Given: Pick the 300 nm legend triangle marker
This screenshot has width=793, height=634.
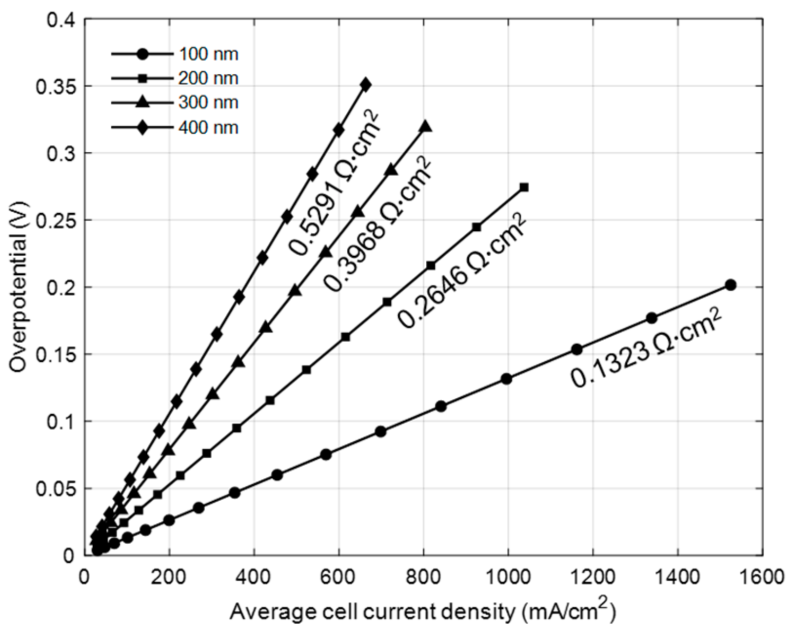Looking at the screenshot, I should tap(142, 102).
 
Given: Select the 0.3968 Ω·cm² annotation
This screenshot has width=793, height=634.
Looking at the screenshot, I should tap(378, 225).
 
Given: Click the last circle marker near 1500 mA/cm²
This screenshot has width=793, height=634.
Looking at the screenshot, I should tap(730, 285).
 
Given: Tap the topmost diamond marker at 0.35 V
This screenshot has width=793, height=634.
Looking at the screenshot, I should tap(366, 85).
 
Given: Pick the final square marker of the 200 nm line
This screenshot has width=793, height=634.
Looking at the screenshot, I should tap(524, 187).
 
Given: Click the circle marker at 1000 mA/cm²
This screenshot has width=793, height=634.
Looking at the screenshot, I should tap(506, 379).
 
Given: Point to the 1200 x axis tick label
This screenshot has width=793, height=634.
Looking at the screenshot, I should tap(593, 577).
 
